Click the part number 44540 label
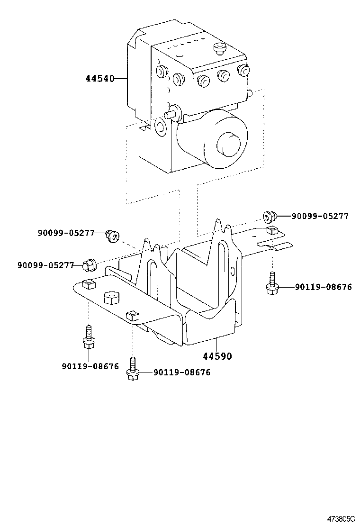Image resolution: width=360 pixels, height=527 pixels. pyautogui.click(x=100, y=79)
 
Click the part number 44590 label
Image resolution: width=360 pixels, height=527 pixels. pyautogui.click(x=217, y=355)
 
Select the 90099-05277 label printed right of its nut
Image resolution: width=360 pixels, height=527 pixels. pyautogui.click(x=320, y=217)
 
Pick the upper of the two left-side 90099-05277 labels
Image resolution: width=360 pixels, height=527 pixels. pyautogui.click(x=66, y=233)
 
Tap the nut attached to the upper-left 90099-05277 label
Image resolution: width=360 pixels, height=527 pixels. pyautogui.click(x=113, y=235)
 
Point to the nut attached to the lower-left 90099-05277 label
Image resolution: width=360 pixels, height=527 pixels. pyautogui.click(x=89, y=265)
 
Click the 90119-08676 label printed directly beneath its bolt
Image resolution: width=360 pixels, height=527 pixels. pyautogui.click(x=90, y=366)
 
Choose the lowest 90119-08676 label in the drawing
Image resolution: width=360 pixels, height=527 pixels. pyautogui.click(x=182, y=373)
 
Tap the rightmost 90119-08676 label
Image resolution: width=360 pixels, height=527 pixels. pyautogui.click(x=323, y=287)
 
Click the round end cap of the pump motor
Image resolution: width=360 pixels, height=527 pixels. pyautogui.click(x=229, y=142)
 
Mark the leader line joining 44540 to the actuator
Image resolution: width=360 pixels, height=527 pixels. pyautogui.click(x=121, y=79)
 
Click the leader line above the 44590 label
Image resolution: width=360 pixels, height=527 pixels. pyautogui.click(x=217, y=345)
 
